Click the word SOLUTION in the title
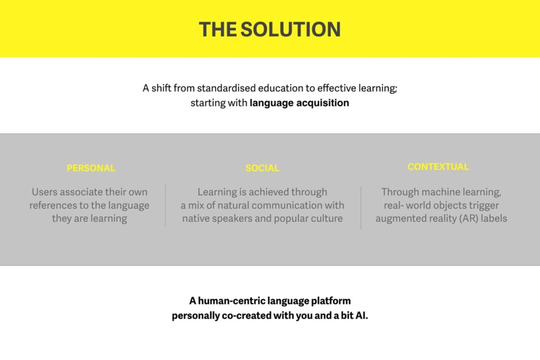click(290, 29)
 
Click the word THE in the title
click(218, 29)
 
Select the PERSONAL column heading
click(91, 168)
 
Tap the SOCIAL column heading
click(263, 168)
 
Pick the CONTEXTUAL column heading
click(438, 167)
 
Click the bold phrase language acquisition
click(299, 103)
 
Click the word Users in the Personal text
click(45, 192)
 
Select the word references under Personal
click(54, 205)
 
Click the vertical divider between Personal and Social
click(165, 205)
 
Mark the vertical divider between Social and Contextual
click(361, 207)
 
